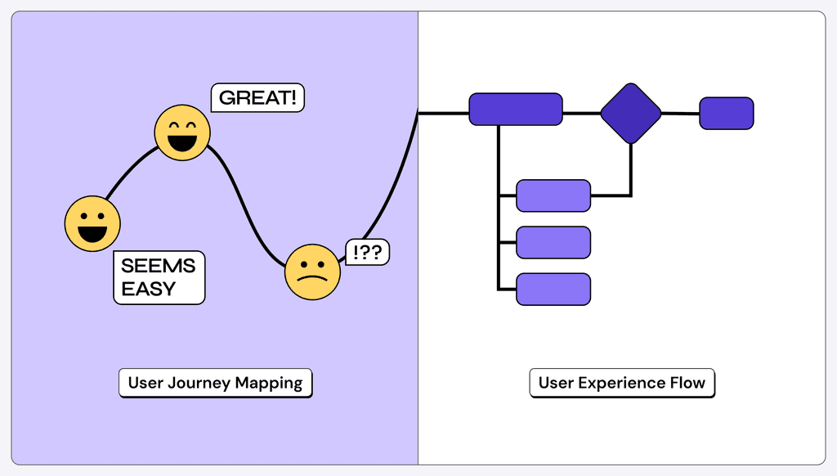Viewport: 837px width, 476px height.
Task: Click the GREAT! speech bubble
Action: pos(257,98)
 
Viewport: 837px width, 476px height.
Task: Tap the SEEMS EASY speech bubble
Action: pos(159,277)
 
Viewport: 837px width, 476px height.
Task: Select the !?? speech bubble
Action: pos(367,252)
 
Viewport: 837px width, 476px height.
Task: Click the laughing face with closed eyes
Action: pos(182,132)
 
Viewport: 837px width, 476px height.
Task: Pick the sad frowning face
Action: pos(312,272)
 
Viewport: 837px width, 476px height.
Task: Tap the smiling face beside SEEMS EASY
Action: pos(92,223)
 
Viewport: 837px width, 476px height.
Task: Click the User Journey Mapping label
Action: pos(215,383)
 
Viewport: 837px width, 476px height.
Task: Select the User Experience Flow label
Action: pos(621,383)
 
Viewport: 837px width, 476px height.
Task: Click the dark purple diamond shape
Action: pos(630,113)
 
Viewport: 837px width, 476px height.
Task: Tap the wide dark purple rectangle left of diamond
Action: pos(515,110)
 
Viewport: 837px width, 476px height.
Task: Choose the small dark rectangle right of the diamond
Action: pos(726,114)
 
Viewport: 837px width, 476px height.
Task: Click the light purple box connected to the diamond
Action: pos(553,195)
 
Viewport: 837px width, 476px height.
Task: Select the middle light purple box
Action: pos(553,243)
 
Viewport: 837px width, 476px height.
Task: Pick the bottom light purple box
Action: pos(553,290)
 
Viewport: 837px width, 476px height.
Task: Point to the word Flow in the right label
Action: pos(687,383)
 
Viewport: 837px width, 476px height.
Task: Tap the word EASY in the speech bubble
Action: pos(148,289)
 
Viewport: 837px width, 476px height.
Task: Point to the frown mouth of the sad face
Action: pos(312,279)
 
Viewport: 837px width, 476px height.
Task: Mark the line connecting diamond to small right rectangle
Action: pos(680,114)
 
